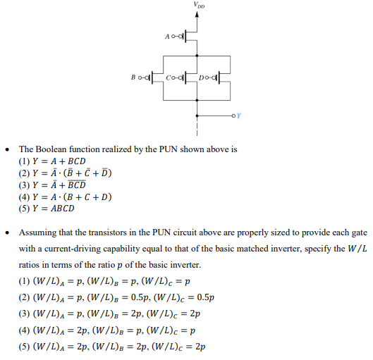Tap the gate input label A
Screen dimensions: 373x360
pos(167,35)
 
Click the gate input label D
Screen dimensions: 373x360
pos(202,77)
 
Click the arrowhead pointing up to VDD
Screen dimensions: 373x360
pos(195,17)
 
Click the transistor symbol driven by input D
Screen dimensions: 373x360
pos(221,77)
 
